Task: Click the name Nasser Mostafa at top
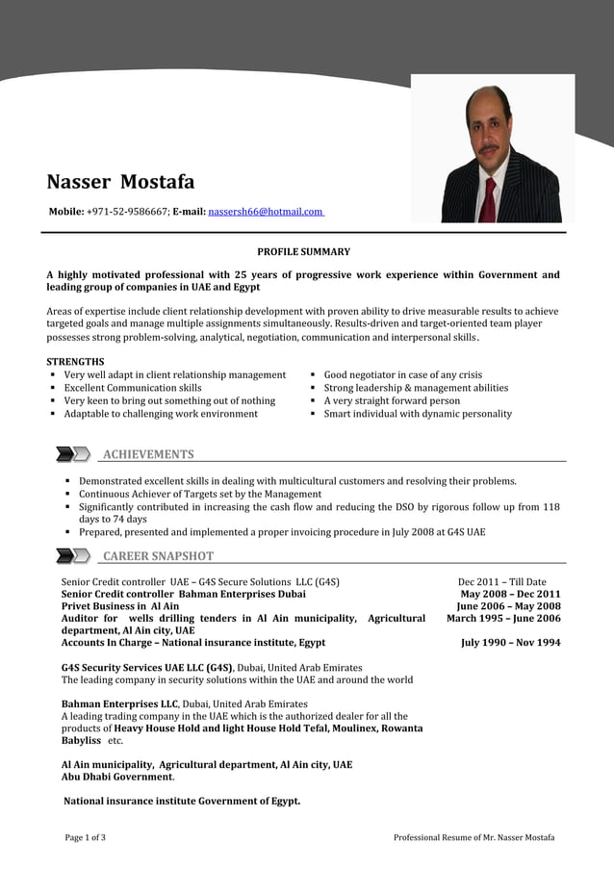[x=120, y=182]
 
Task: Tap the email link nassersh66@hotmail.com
[x=266, y=211]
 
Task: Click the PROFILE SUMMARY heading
[x=303, y=252]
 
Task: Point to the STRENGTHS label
[x=76, y=361]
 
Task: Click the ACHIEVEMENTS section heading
[x=148, y=454]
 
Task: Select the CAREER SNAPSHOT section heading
[x=158, y=556]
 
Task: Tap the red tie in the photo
[x=489, y=199]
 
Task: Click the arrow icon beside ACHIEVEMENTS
[x=73, y=454]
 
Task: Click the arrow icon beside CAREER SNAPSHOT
[x=73, y=556]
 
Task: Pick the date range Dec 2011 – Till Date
[x=501, y=581]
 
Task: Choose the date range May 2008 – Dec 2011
[x=510, y=594]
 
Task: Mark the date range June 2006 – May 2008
[x=508, y=606]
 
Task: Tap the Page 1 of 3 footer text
[x=86, y=837]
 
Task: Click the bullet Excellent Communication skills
[x=133, y=388]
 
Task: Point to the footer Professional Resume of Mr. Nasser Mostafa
[x=473, y=837]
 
